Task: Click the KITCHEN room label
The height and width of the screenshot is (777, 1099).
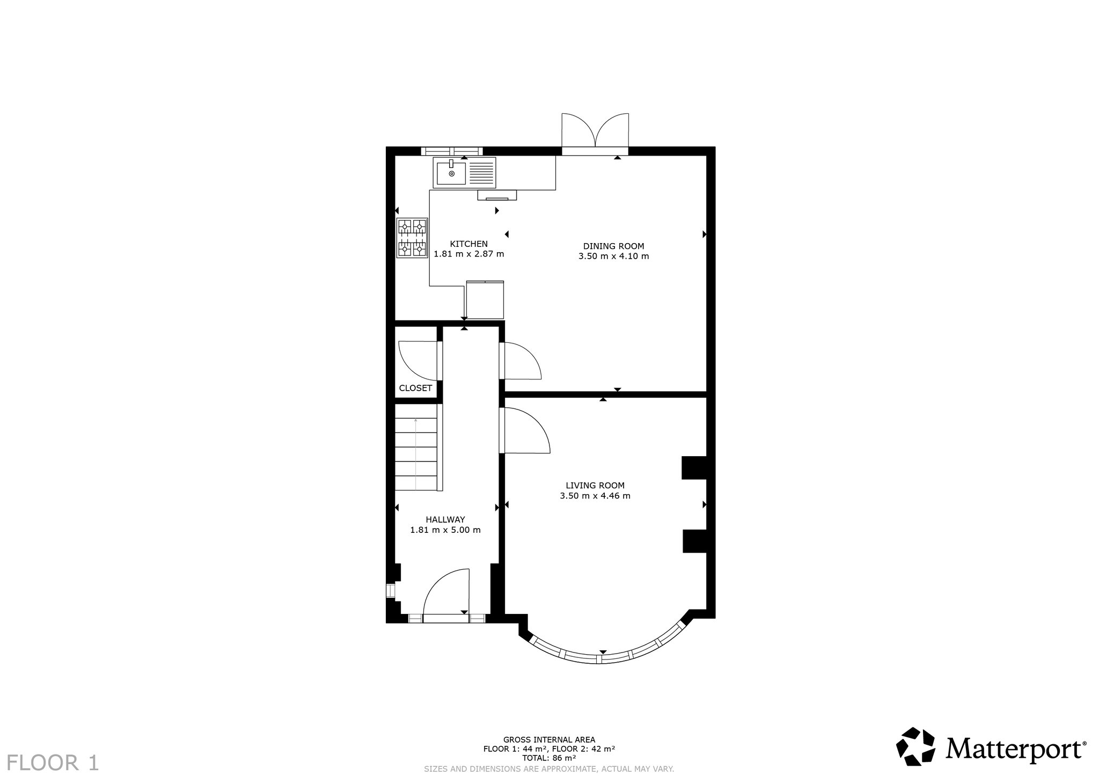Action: [468, 244]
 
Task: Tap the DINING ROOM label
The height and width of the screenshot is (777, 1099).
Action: [613, 246]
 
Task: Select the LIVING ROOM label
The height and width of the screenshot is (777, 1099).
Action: [595, 486]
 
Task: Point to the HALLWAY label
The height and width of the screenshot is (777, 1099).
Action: [445, 519]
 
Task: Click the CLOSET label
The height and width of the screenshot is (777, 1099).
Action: [415, 388]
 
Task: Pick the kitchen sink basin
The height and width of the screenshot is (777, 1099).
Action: [451, 173]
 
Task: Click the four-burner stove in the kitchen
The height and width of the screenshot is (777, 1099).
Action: [412, 238]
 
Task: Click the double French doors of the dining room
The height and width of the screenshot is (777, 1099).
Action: [595, 133]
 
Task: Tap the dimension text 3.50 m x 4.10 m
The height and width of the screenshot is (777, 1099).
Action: [613, 256]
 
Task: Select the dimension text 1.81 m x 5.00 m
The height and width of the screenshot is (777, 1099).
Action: [445, 530]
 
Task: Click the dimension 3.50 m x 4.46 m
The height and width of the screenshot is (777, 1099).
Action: [595, 496]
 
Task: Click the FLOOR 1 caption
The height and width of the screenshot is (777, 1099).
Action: [53, 763]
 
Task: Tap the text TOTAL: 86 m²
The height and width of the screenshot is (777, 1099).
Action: [549, 758]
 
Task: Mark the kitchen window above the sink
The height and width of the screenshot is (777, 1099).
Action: [451, 151]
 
